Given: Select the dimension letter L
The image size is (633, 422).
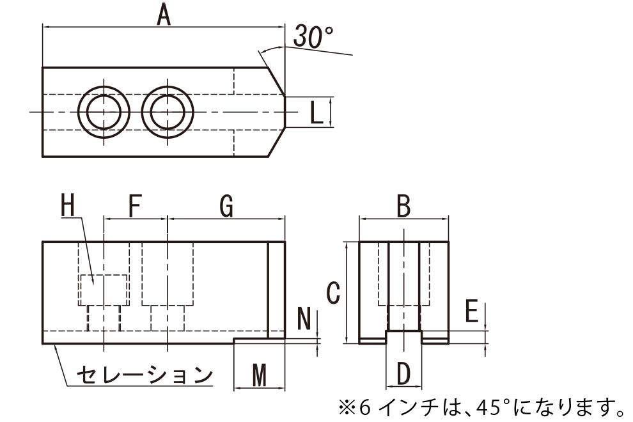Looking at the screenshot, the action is coord(316,113).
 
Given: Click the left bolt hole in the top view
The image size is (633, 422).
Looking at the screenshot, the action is coord(104,112).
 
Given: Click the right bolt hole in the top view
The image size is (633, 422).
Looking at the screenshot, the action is coord(168,112).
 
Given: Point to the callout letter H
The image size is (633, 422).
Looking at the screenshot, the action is coord(68,205).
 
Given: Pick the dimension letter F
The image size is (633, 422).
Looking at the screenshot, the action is coord(134,205).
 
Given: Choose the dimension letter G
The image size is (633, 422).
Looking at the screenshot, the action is coord(226,205).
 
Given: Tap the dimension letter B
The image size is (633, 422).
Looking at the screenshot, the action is coord(403,205).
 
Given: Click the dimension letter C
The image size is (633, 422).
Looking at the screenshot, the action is coord(333,293).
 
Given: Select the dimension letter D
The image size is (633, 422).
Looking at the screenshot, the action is coord(403,373).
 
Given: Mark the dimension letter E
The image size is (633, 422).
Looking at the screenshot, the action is coord(471,311).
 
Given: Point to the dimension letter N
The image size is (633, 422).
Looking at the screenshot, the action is coord(304,318).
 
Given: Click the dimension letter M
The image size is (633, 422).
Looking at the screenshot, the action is coord(259,375).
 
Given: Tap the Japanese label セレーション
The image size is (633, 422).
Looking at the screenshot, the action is coord(145,375).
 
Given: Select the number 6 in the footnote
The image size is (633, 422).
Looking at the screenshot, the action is coord(364,409).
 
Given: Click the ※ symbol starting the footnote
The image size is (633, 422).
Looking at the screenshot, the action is coord(347,409).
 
